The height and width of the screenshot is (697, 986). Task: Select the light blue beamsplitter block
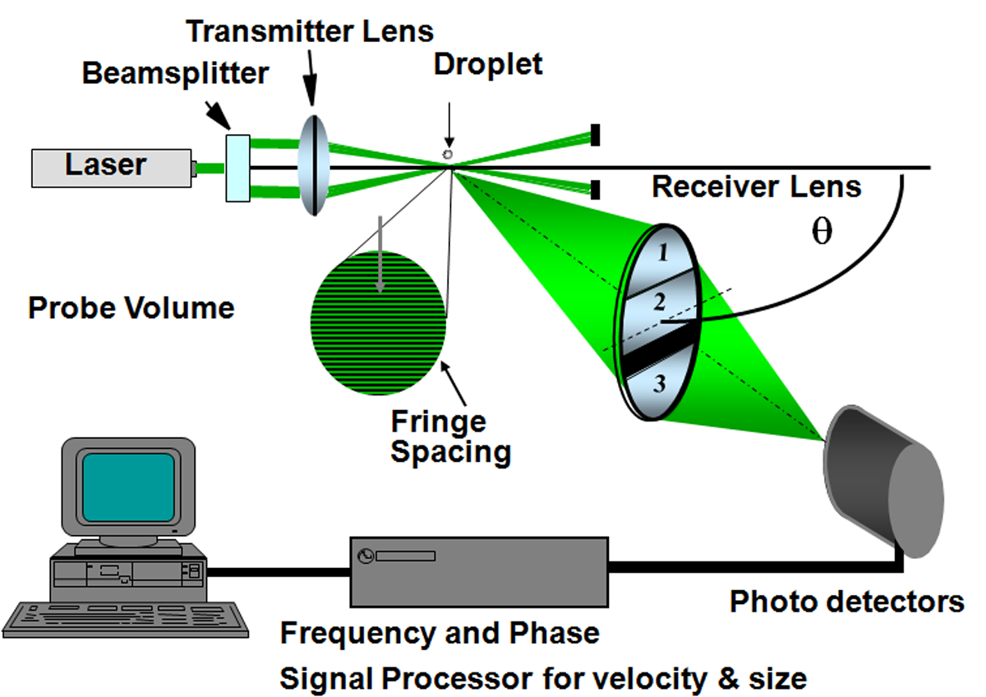click(x=237, y=168)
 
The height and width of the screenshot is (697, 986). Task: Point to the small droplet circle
click(x=448, y=154)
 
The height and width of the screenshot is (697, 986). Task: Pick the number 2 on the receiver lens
click(x=658, y=303)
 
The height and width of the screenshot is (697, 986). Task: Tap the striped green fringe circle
click(x=379, y=323)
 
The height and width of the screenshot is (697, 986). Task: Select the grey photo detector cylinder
click(x=883, y=482)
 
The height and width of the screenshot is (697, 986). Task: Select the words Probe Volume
click(x=131, y=308)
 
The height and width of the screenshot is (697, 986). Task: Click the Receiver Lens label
click(x=756, y=187)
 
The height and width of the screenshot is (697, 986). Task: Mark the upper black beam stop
click(x=595, y=136)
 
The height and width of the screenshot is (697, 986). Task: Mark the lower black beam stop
click(x=595, y=190)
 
